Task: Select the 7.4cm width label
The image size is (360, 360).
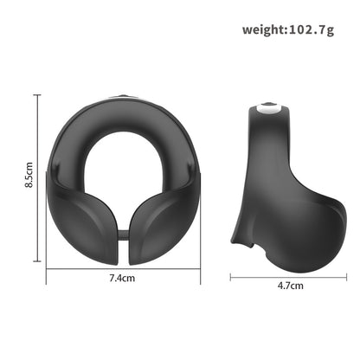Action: coord(122,279)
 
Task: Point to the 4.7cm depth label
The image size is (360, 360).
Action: coord(289,285)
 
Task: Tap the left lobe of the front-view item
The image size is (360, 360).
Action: coord(83,216)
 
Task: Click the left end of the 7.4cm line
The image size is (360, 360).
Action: coord(48,269)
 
